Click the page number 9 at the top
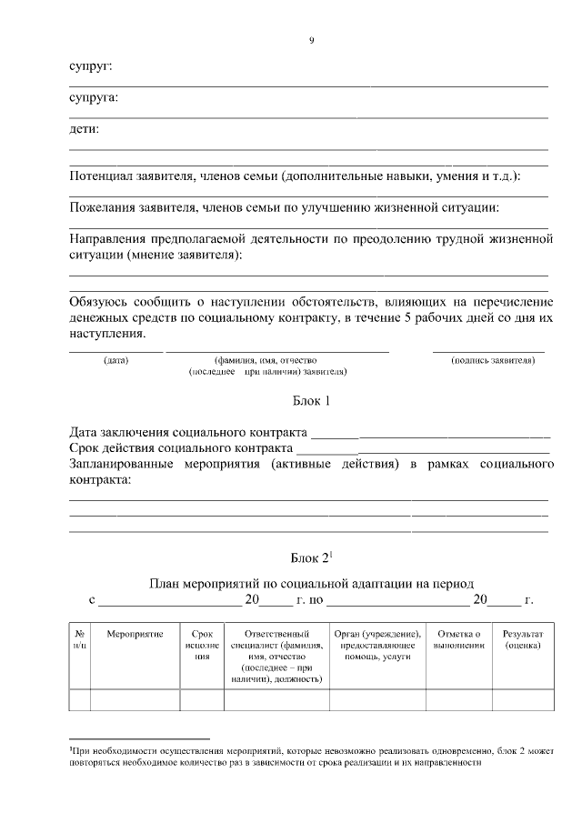coord(311,41)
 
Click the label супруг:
coord(91,66)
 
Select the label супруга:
coord(95,97)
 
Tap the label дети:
coord(85,129)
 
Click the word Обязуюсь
coord(105,301)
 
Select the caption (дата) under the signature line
coord(115,361)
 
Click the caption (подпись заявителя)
coord(492,361)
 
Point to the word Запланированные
coord(127,465)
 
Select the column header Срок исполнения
coord(202,644)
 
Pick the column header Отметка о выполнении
coord(458,638)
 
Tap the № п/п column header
coord(79,638)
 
